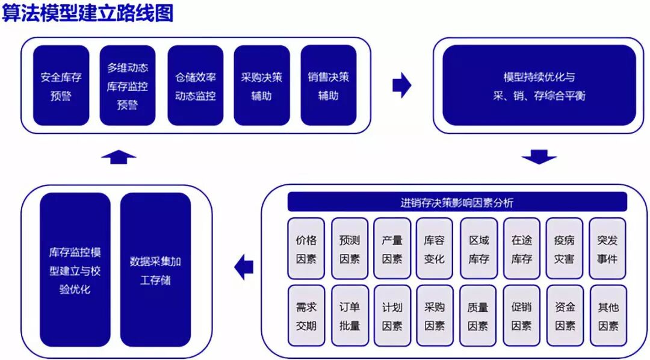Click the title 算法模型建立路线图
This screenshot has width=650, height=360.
[x=88, y=13]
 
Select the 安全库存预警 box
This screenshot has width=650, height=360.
[x=61, y=85]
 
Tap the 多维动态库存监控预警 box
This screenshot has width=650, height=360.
[x=127, y=85]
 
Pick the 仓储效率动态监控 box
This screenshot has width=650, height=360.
[x=195, y=85]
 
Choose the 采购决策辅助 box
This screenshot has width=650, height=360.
[x=261, y=85]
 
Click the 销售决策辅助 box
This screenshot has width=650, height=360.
[x=328, y=85]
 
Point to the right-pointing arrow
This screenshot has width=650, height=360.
[x=401, y=85]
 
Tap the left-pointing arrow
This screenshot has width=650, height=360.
[x=244, y=267]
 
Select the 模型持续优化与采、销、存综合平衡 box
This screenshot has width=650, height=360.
[x=539, y=85]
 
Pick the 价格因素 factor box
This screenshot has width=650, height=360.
[x=306, y=249]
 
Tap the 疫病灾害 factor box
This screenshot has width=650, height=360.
[x=564, y=249]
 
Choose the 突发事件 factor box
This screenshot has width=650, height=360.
[x=607, y=249]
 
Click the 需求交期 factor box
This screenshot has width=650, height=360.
[x=306, y=315]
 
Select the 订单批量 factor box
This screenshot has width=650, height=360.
[x=350, y=315]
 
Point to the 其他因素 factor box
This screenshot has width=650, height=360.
[x=607, y=315]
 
